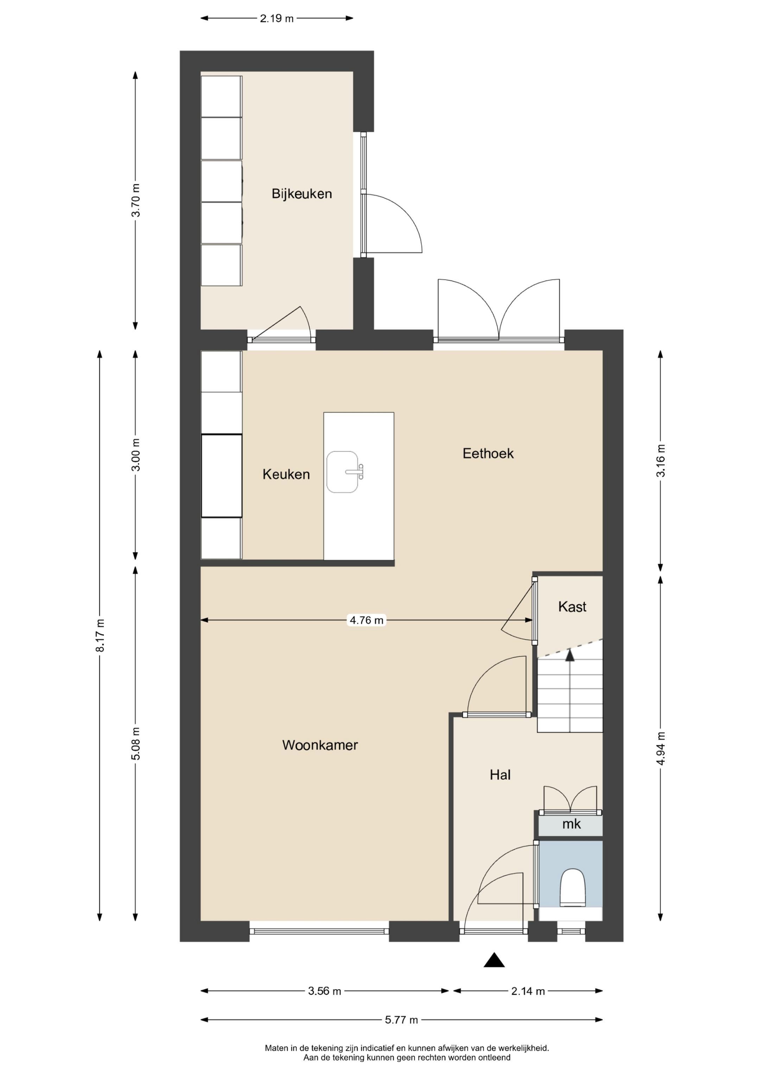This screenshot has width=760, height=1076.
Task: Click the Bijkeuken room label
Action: pyautogui.click(x=302, y=194)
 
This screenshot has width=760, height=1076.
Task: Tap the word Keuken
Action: pyautogui.click(x=286, y=474)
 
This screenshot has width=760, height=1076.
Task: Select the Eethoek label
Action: pyautogui.click(x=488, y=453)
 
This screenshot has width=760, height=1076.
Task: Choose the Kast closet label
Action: pyautogui.click(x=572, y=607)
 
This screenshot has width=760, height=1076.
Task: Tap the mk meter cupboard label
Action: pyautogui.click(x=571, y=823)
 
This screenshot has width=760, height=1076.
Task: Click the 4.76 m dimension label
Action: pyautogui.click(x=367, y=620)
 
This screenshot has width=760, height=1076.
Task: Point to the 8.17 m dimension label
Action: pyautogui.click(x=100, y=635)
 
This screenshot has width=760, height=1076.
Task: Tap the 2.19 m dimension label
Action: pyautogui.click(x=277, y=19)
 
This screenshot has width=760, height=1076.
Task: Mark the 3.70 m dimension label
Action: pyautogui.click(x=136, y=200)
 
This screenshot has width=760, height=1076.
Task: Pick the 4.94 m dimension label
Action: pyautogui.click(x=661, y=748)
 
